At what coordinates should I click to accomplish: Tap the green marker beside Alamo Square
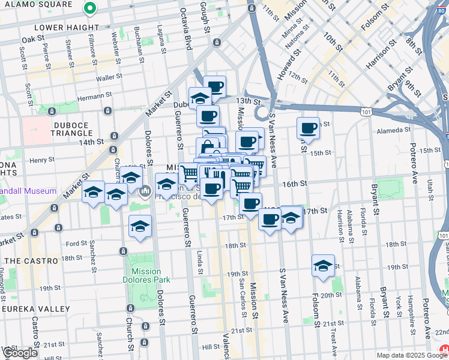[89, 8]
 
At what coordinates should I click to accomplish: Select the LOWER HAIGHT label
[67, 28]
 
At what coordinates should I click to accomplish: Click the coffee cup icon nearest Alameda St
[309, 128]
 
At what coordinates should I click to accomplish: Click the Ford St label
[76, 244]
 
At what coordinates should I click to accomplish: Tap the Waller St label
[109, 77]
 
